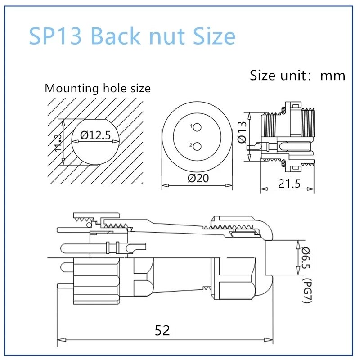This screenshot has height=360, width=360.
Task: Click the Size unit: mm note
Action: pos(297,75)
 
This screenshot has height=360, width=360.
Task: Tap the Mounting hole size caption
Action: pos(98,88)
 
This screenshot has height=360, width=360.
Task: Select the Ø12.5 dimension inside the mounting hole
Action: pos(95,135)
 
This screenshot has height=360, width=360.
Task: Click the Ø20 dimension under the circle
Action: pos(197,178)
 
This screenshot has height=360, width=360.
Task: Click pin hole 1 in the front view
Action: pos(197,128)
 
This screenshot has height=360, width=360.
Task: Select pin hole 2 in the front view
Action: pos(197,146)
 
